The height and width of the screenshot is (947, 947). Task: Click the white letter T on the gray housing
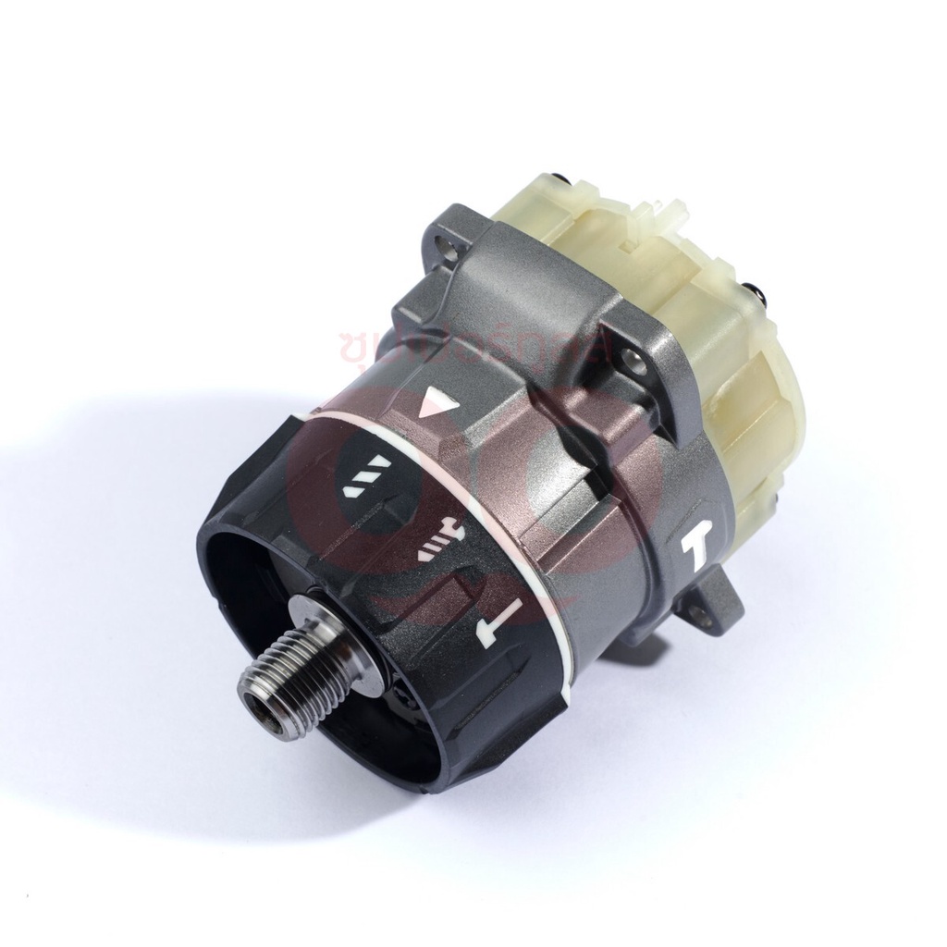(695, 553)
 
